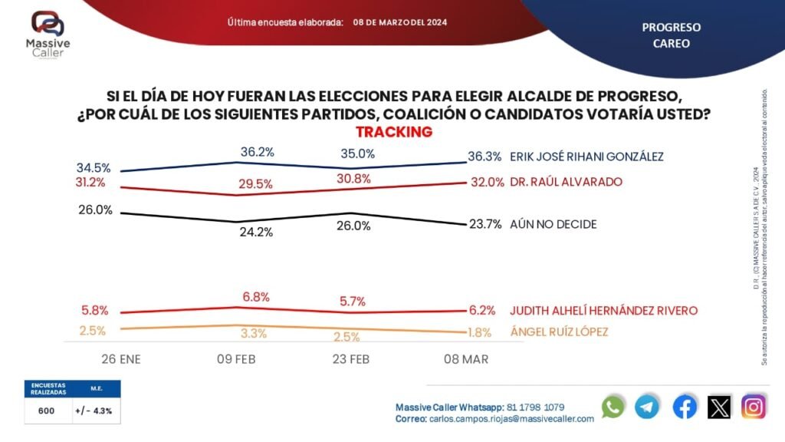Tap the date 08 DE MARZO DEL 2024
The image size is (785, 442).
pos(399,22)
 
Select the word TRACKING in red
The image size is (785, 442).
pos(394,132)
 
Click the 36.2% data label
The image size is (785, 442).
pos(256,152)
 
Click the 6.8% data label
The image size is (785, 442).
pos(256,295)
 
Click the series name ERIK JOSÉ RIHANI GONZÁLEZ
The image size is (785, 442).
pos(586,157)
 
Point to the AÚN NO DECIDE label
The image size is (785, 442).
pos(553,224)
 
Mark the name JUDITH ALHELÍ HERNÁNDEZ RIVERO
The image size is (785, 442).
pos(603,311)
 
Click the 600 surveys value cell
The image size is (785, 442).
pos(46,411)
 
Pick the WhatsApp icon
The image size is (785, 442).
pos(613,407)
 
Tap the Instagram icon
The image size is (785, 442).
pos(754,407)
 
